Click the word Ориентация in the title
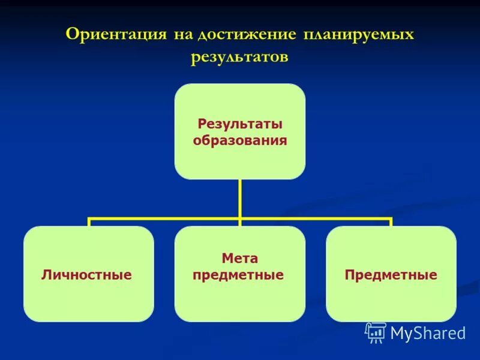(x=116, y=34)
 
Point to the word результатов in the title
(x=240, y=57)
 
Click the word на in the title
(x=182, y=34)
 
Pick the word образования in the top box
(x=240, y=141)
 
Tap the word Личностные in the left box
(x=86, y=275)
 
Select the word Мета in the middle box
(x=240, y=259)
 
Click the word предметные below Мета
(x=238, y=275)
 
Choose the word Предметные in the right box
(x=391, y=275)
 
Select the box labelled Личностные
(x=89, y=300)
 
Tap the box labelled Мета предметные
(x=240, y=300)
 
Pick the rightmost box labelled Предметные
(x=391, y=300)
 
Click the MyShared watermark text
(x=427, y=333)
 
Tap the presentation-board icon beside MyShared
(x=376, y=332)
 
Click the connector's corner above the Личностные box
(x=89, y=219)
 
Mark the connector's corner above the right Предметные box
(x=391, y=219)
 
